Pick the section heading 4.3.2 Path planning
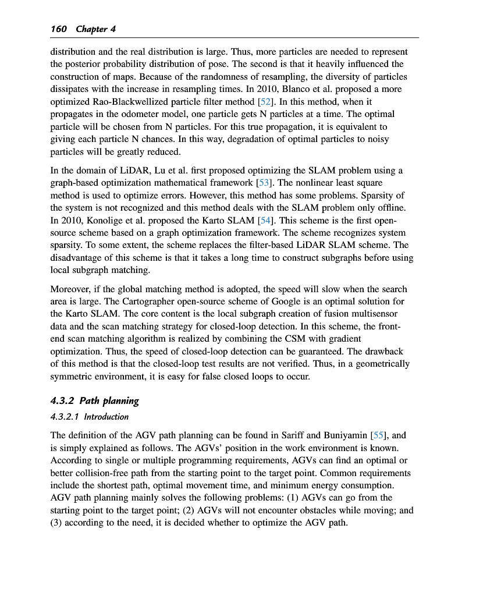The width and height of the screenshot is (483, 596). click(95, 400)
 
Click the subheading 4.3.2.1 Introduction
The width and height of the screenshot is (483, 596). click(90, 417)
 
